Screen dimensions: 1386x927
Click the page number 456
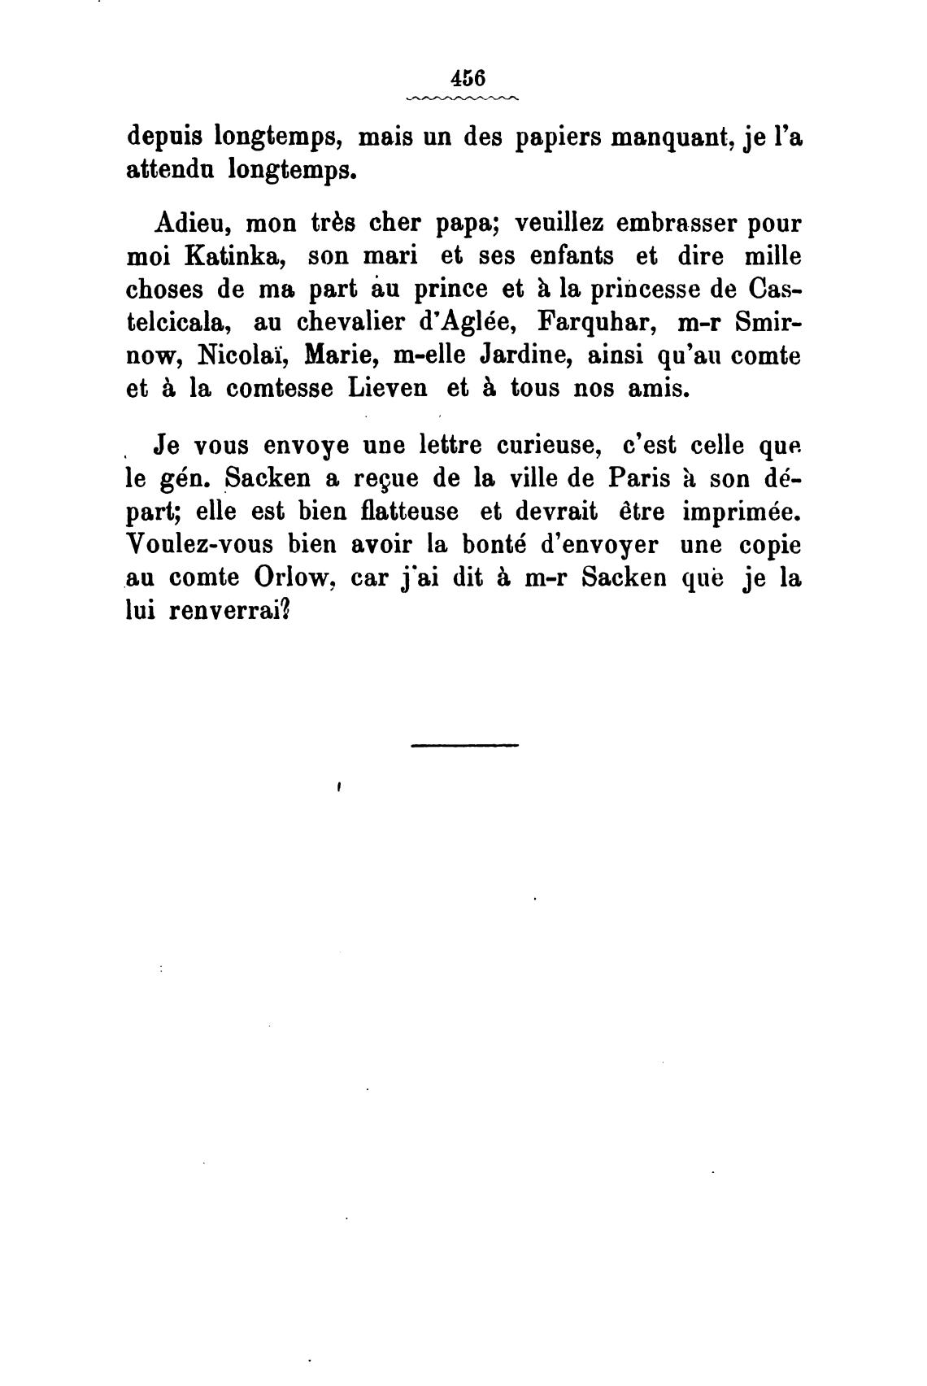tap(465, 78)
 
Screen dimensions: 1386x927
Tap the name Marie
tap(338, 355)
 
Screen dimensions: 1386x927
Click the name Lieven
tap(388, 389)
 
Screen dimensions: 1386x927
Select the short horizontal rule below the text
tap(464, 744)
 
